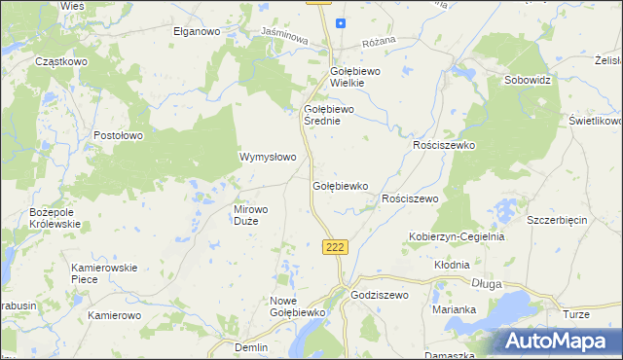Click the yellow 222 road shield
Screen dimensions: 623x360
click(x=335, y=247)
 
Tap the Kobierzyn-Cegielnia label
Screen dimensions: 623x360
click(x=456, y=236)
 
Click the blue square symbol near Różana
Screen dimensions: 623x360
click(x=341, y=23)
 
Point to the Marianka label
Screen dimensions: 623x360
click(x=454, y=309)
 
